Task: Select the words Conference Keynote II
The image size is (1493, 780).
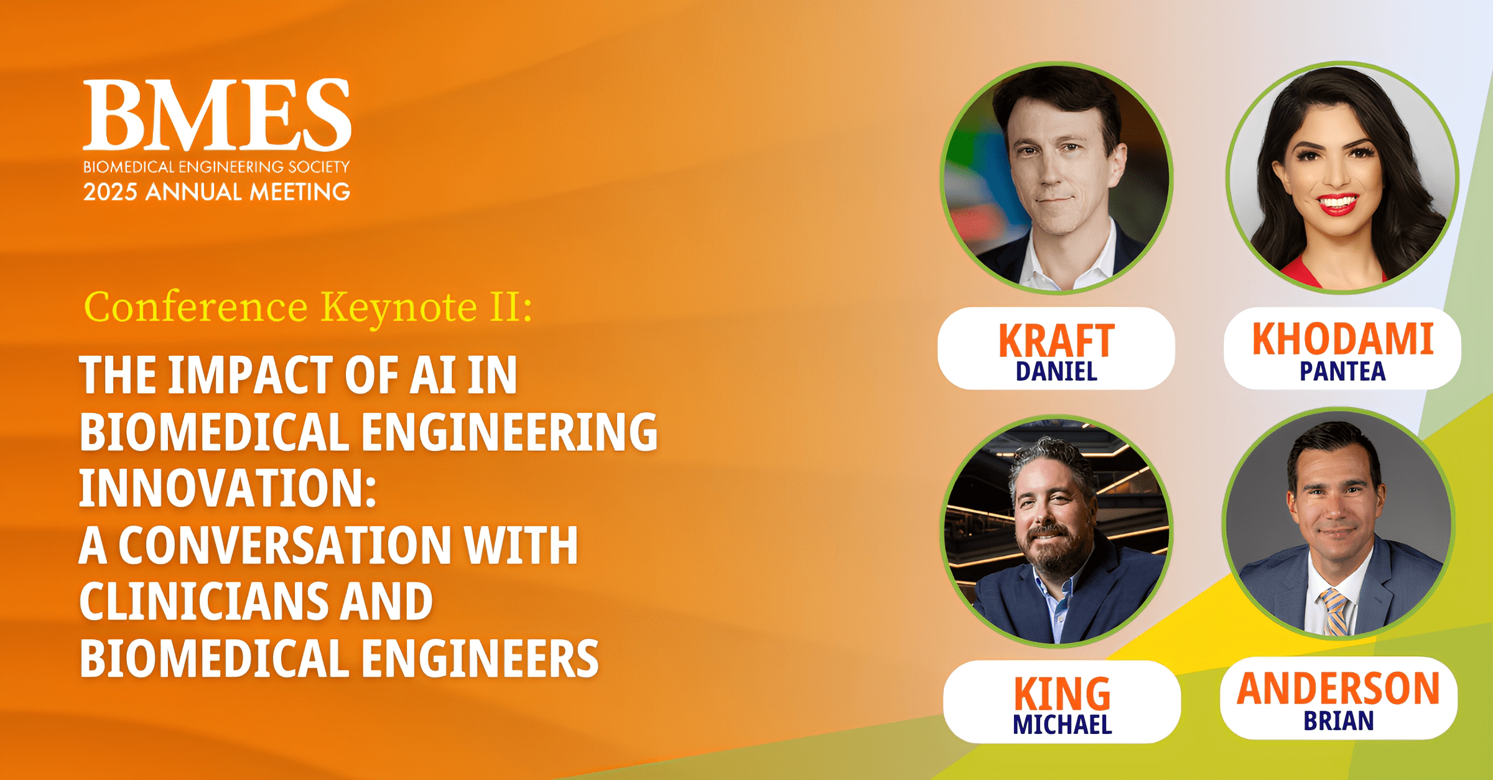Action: pyautogui.click(x=308, y=307)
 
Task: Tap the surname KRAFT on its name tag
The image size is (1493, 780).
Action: pyautogui.click(x=1056, y=341)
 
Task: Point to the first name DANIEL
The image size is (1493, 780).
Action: pyautogui.click(x=1056, y=372)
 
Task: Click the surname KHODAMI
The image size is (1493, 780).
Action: pyautogui.click(x=1342, y=339)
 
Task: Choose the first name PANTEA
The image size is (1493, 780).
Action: pyautogui.click(x=1342, y=371)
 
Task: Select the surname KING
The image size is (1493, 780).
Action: pyautogui.click(x=1061, y=694)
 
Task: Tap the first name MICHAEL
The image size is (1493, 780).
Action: pyautogui.click(x=1061, y=725)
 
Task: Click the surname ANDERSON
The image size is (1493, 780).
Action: pyautogui.click(x=1338, y=689)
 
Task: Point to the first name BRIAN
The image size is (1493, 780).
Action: pyautogui.click(x=1338, y=722)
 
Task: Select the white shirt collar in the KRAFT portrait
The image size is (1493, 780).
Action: pyautogui.click(x=1051, y=264)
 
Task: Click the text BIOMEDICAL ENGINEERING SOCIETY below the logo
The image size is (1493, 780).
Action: pyautogui.click(x=216, y=167)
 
